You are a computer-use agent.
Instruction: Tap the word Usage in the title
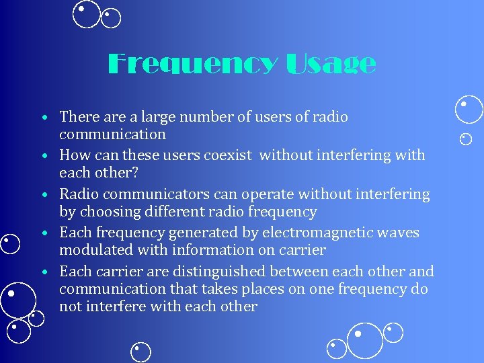331,64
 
